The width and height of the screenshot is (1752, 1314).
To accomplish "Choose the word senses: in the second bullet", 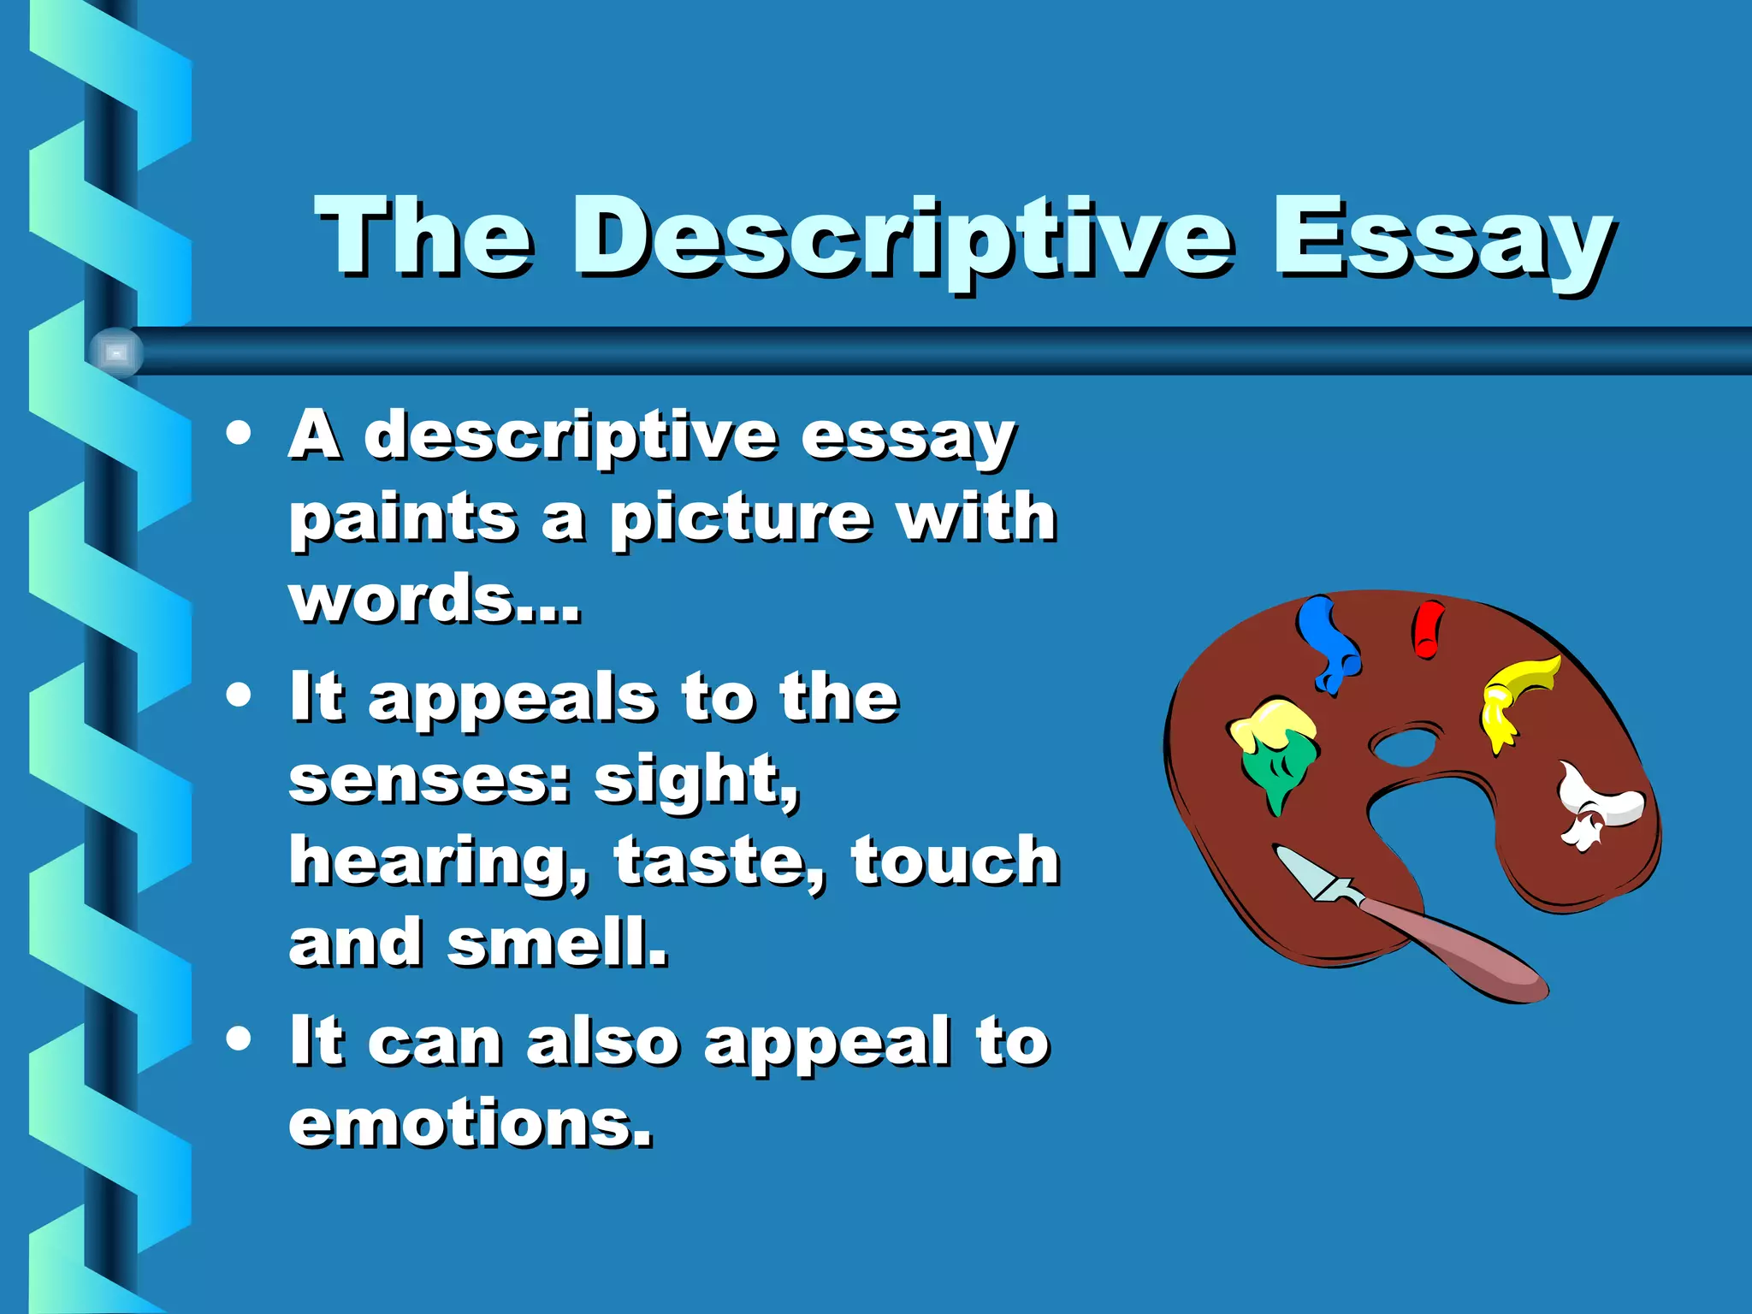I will coord(429,780).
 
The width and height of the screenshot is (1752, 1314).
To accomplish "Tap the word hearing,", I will coord(438,862).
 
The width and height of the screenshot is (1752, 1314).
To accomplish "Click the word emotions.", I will coord(471,1122).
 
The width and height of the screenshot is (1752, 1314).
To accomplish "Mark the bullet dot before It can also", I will coord(240,1039).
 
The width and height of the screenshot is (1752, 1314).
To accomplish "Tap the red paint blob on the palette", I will coord(1427,629).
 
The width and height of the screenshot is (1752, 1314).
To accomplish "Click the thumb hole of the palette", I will coord(1406,746).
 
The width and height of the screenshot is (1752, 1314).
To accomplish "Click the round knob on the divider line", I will coord(116,352).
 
